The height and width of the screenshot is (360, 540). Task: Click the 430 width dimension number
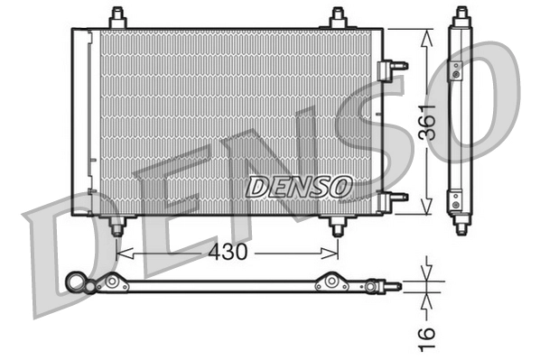[228, 254]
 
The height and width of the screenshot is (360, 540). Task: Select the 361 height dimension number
[428, 123]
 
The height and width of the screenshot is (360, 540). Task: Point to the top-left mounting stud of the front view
[116, 18]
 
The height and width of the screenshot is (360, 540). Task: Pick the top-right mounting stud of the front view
[338, 18]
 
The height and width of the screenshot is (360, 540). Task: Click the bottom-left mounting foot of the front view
[116, 226]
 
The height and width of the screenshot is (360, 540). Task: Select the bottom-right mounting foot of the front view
[338, 226]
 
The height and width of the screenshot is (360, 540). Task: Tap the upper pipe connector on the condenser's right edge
[395, 66]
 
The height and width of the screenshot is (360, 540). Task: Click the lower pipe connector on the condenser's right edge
[395, 198]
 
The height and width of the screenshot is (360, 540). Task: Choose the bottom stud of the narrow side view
[461, 226]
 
